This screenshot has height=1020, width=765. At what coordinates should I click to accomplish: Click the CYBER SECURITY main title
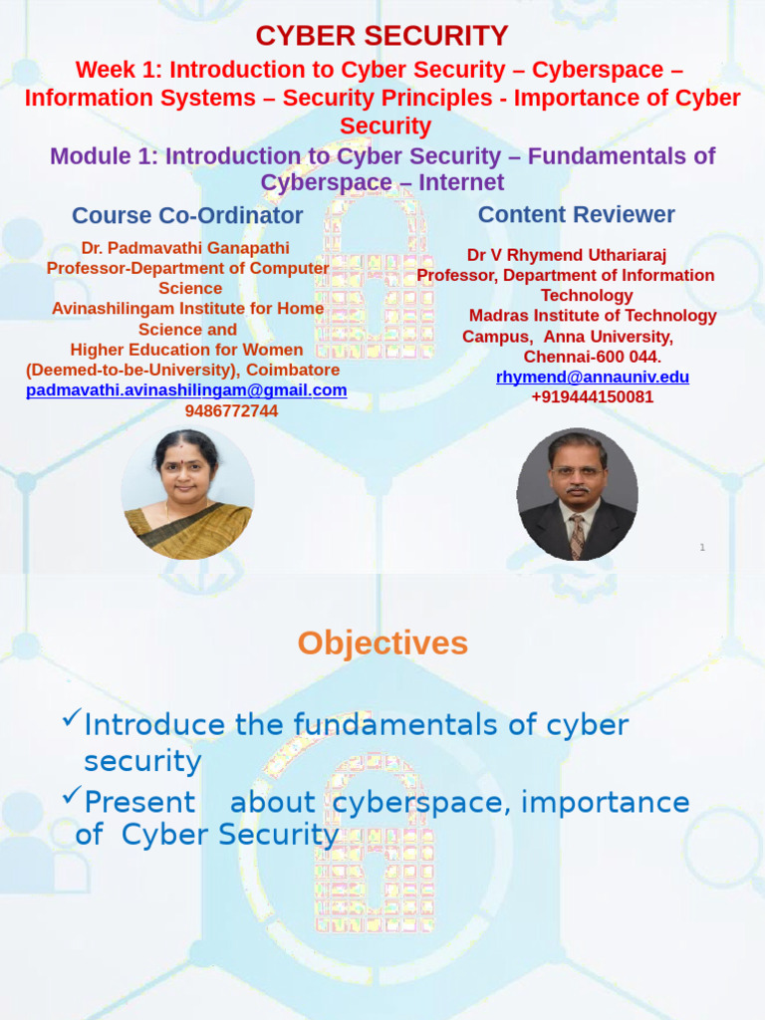coord(382,36)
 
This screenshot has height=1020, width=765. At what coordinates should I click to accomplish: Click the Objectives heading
coord(382,643)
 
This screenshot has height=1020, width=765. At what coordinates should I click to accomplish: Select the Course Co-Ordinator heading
coord(187,215)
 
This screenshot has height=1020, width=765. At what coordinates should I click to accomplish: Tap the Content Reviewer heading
coord(576,214)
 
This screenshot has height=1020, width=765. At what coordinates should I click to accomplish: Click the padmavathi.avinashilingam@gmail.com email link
coord(186,390)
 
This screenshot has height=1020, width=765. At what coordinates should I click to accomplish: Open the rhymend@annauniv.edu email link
coord(592,377)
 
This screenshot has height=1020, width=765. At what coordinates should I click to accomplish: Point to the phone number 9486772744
coord(231,410)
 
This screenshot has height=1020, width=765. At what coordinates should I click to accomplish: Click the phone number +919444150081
coord(592,396)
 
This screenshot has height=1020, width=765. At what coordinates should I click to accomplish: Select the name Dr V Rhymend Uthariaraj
coord(566,255)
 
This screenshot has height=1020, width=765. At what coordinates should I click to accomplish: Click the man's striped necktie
coord(577,534)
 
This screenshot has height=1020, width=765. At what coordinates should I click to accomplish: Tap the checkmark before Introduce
coord(71,718)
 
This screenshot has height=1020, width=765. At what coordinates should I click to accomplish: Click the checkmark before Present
coord(71,795)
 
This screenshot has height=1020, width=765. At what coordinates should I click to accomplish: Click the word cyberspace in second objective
coord(418,803)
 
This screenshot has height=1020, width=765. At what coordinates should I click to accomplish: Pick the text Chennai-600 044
coord(592,357)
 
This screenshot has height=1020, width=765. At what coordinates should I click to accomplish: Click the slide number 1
coord(702,547)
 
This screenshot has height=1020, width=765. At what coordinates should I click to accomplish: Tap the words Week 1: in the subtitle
coord(120,71)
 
